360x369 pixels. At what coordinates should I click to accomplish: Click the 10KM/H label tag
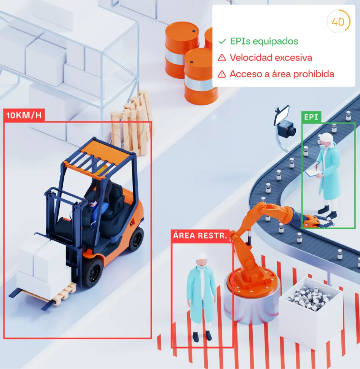24,116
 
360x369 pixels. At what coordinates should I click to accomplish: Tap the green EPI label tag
311,117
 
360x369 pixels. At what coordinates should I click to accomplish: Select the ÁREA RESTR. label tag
201,235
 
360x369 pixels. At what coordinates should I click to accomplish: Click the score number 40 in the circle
338,22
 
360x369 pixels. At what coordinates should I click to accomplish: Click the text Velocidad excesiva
271,58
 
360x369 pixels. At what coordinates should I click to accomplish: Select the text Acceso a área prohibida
282,74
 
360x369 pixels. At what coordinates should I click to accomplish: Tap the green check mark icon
222,41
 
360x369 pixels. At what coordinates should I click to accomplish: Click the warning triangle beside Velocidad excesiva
222,58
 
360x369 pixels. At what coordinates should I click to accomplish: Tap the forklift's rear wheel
136,239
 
